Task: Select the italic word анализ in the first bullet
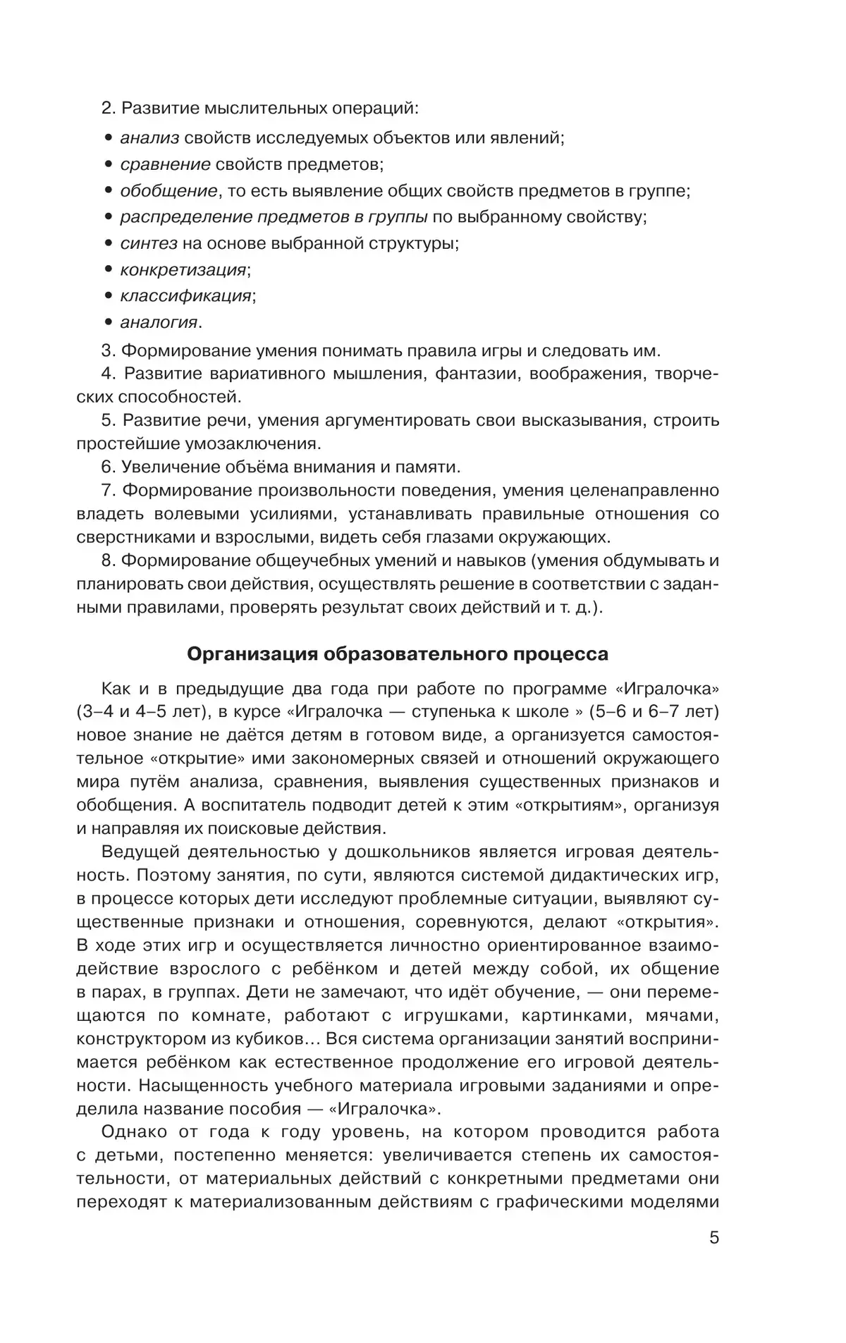point(149,138)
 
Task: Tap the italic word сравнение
point(165,165)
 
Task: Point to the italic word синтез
point(149,244)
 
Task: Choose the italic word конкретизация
point(183,270)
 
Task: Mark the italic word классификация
point(185,296)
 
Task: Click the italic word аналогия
point(159,322)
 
